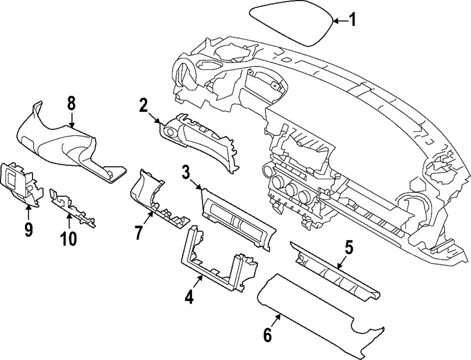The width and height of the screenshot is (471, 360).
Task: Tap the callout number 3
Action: point(187,173)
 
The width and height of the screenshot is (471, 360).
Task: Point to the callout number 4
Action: point(189,297)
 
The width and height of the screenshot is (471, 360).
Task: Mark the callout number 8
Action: point(72,103)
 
